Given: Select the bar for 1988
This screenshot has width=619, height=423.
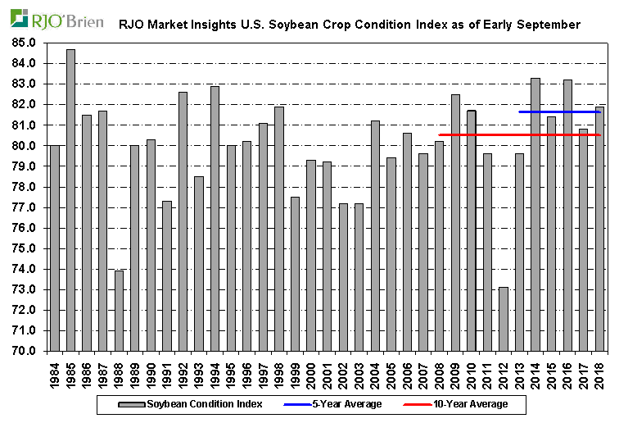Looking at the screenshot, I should [119, 311].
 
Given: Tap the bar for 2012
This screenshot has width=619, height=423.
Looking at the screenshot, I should [503, 319].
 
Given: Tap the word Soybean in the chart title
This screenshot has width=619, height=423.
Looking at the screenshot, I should [298, 25].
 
